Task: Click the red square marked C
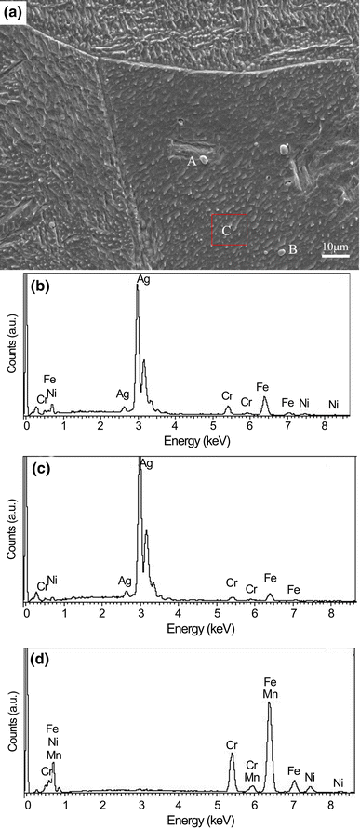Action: [x=230, y=215]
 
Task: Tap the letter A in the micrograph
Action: [x=192, y=162]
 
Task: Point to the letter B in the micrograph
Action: [x=292, y=249]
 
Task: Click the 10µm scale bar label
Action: [x=335, y=247]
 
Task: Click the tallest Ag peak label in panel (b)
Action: [x=143, y=279]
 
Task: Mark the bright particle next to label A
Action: [x=204, y=158]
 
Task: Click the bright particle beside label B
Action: [x=281, y=251]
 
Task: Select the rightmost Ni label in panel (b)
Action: [x=334, y=405]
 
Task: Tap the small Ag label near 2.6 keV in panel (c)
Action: [x=125, y=581]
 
